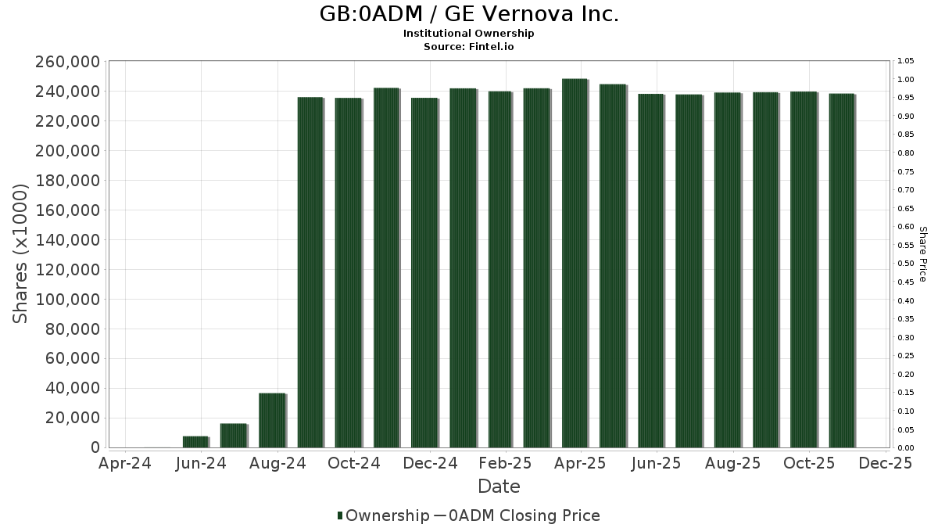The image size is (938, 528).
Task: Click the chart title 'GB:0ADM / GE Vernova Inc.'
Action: tap(469, 14)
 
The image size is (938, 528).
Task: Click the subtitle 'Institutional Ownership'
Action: tap(469, 34)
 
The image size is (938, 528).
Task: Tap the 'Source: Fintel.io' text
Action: tap(469, 46)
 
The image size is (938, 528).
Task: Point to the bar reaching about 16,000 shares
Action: tap(233, 435)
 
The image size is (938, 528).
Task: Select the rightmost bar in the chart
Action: tap(842, 271)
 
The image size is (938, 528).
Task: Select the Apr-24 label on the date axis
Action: tap(125, 463)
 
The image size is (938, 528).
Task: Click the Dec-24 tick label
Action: tap(431, 463)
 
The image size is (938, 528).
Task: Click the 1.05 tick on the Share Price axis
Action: tap(906, 61)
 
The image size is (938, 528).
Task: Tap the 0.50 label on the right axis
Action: tap(906, 264)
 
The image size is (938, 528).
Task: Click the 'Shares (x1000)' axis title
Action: tap(21, 253)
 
